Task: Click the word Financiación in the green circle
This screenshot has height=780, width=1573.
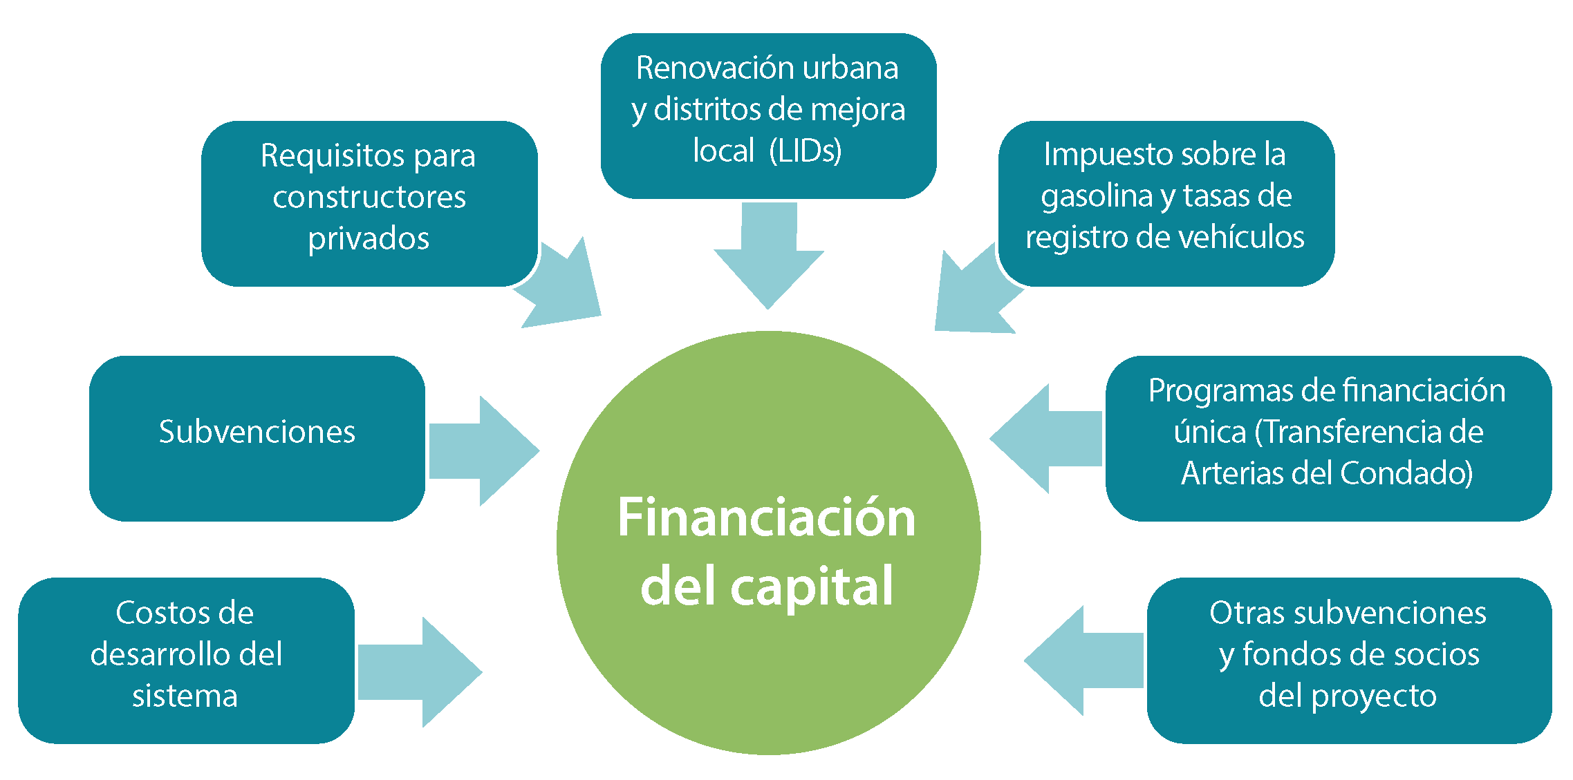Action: click(766, 517)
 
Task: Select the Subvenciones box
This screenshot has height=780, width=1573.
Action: click(257, 438)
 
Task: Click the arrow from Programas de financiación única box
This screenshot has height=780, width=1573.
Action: click(1045, 438)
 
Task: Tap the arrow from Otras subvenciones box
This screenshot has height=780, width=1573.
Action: click(1083, 660)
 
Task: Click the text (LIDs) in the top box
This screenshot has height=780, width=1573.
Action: click(806, 151)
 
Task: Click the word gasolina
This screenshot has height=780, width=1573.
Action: click(1097, 197)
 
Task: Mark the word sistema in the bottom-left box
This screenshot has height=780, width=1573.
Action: click(185, 696)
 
